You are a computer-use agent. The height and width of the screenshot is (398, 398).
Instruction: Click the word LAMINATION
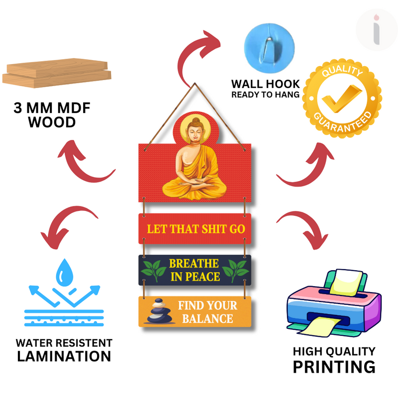(x=64, y=356)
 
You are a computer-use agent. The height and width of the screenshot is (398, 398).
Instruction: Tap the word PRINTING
(x=333, y=367)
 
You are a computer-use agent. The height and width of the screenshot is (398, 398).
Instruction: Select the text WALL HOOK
(x=266, y=84)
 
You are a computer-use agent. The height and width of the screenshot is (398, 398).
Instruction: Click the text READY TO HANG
(x=266, y=94)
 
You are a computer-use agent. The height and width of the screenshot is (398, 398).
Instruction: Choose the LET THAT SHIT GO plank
(x=195, y=229)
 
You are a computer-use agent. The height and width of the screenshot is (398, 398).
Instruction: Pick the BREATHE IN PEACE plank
(x=195, y=270)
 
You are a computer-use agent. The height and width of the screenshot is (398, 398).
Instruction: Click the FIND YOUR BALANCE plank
(x=195, y=311)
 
